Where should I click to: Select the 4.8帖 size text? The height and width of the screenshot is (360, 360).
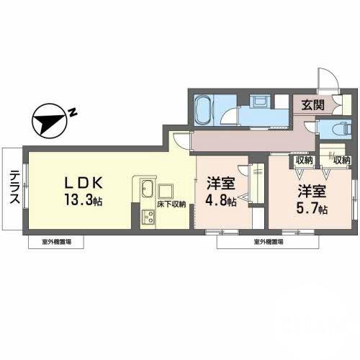(222, 202)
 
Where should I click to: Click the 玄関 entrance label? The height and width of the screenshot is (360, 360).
(312, 104)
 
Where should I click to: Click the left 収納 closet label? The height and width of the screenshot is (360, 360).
(302, 159)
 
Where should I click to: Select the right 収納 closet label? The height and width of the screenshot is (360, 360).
(341, 159)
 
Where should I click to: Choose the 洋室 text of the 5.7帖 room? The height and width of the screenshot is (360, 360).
(315, 192)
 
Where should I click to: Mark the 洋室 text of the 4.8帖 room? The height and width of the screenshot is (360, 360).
(222, 184)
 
